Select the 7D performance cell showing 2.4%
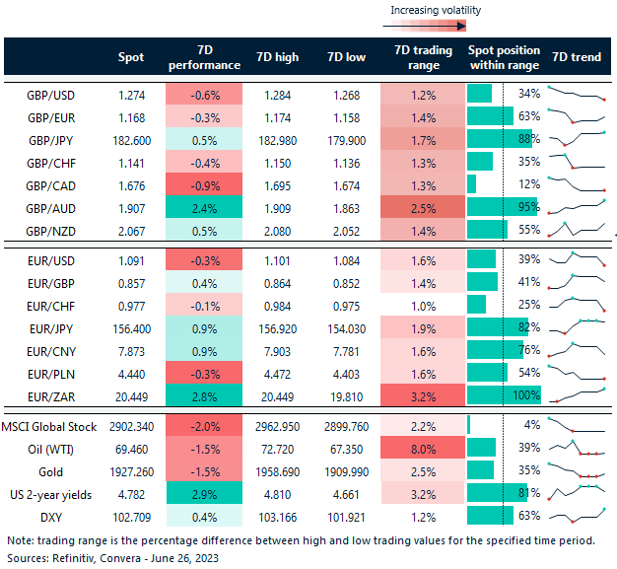(x=203, y=206)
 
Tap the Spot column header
(x=130, y=57)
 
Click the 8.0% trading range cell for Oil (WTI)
(x=423, y=446)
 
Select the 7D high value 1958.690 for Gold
(x=276, y=468)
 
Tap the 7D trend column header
(x=576, y=57)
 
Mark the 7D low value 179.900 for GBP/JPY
(x=346, y=139)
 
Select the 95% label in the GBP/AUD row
(x=528, y=206)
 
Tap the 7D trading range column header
(x=423, y=57)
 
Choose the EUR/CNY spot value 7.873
(x=130, y=349)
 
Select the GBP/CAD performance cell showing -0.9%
(x=203, y=183)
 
